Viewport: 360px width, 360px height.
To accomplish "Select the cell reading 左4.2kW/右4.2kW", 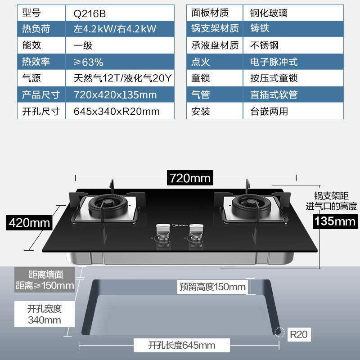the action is (x=115, y=29).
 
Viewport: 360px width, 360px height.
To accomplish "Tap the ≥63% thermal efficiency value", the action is (x=89, y=62).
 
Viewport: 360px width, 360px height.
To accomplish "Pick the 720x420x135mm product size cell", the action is (x=115, y=94).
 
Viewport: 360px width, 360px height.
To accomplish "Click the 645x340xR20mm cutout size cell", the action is (x=117, y=111).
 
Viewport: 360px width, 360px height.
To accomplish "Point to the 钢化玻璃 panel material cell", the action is (x=269, y=13).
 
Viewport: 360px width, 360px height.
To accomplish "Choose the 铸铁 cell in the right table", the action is (x=260, y=29).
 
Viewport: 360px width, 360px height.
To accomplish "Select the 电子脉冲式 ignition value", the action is (x=274, y=62).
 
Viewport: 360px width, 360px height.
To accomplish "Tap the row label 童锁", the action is (x=201, y=78).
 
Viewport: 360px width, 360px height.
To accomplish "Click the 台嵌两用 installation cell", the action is (x=269, y=111).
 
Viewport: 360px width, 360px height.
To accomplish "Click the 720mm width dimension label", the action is (x=190, y=178).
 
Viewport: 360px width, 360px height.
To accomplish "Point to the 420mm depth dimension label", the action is (x=30, y=222).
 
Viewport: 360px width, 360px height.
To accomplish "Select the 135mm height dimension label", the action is (x=335, y=221).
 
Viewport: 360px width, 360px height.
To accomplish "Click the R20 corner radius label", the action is (x=298, y=334).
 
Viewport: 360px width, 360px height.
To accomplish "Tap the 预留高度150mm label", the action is (x=212, y=287).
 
